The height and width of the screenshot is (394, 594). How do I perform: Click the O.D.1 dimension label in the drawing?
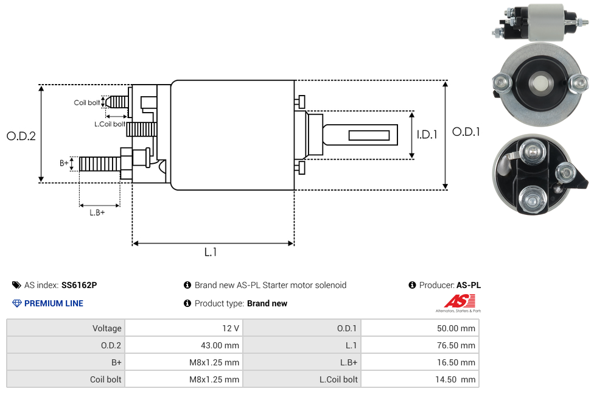pos(466,132)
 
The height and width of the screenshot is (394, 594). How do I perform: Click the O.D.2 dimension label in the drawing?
pos(21,136)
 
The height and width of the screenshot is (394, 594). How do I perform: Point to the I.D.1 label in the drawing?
pos(427,135)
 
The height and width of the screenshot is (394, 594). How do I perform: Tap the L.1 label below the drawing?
pos(211,252)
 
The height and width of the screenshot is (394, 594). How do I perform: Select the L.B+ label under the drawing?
pos(97,213)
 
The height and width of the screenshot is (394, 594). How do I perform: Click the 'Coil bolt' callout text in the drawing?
pos(86,102)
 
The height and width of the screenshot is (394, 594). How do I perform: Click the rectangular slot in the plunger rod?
pos(369,135)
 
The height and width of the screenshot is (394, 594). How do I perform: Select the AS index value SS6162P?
pos(79,285)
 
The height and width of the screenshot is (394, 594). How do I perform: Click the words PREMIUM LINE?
pos(54,303)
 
